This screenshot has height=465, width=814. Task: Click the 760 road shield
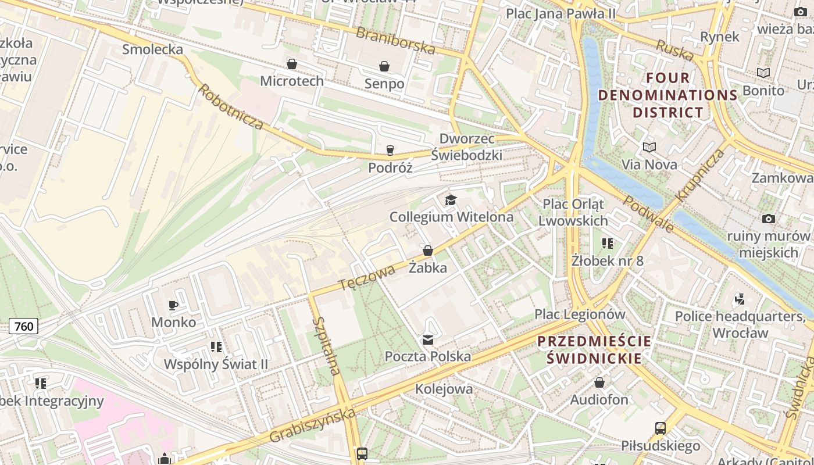pyautogui.click(x=24, y=326)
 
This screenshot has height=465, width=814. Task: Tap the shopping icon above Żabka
pyautogui.click(x=428, y=251)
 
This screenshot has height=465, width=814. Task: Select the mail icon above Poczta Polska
pyautogui.click(x=428, y=339)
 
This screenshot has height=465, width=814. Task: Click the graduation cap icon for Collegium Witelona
pyautogui.click(x=451, y=201)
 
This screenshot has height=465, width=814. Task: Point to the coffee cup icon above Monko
pyautogui.click(x=173, y=305)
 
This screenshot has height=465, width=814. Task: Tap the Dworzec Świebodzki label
pyautogui.click(x=467, y=147)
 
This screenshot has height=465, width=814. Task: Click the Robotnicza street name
pyautogui.click(x=231, y=107)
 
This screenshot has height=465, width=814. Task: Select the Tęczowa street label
pyautogui.click(x=367, y=278)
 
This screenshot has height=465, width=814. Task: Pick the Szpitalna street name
pyautogui.click(x=326, y=346)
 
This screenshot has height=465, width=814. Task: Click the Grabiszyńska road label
pyautogui.click(x=312, y=426)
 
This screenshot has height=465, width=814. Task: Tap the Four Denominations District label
pyautogui.click(x=668, y=95)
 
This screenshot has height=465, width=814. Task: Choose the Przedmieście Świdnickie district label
pyautogui.click(x=594, y=349)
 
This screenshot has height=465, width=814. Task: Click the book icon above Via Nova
pyautogui.click(x=649, y=148)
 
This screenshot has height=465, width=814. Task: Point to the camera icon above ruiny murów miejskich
pyautogui.click(x=769, y=219)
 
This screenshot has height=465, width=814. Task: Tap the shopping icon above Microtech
pyautogui.click(x=292, y=63)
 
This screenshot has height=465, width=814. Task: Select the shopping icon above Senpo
pyautogui.click(x=384, y=66)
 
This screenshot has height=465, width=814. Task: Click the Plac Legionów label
pyautogui.click(x=580, y=314)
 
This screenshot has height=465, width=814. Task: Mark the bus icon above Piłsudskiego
pyautogui.click(x=660, y=428)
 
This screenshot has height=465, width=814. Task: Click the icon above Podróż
pyautogui.click(x=390, y=151)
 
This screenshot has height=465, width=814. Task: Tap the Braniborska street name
pyautogui.click(x=395, y=41)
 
